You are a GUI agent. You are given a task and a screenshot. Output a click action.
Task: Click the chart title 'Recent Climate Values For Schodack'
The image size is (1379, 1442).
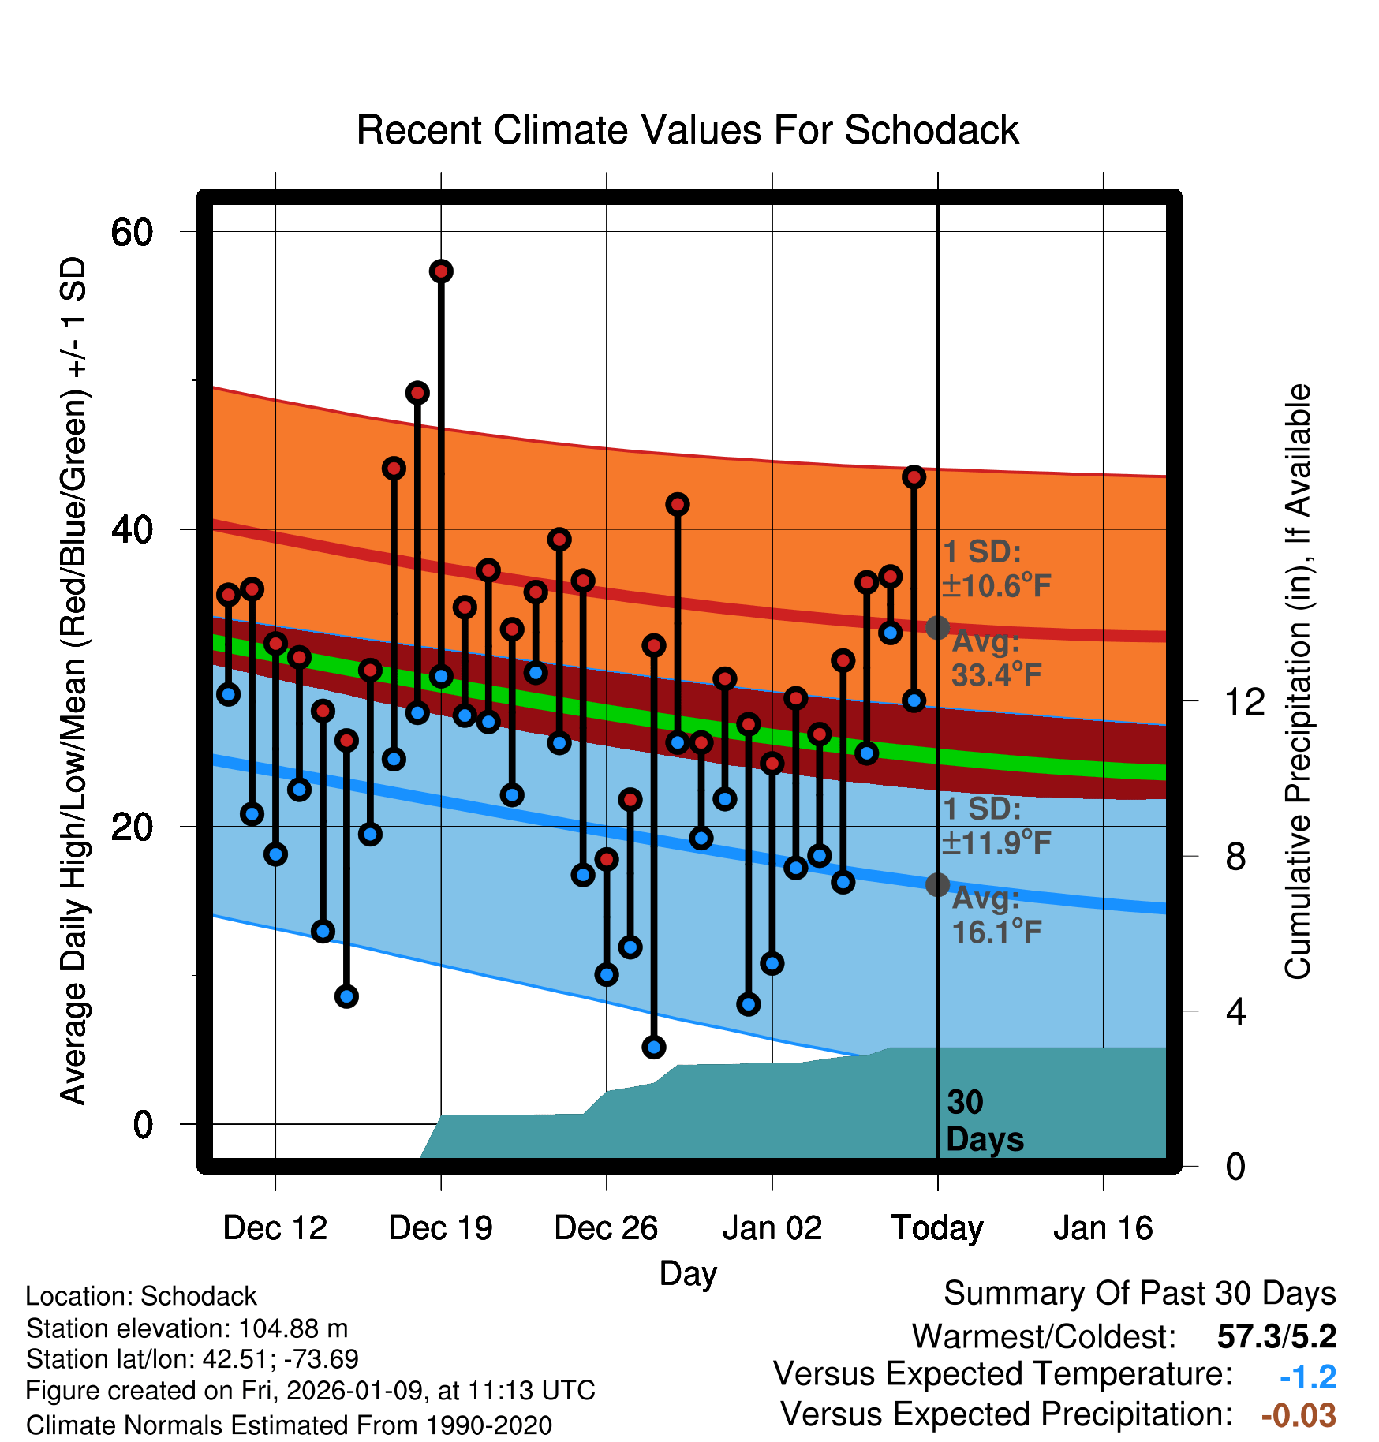coord(687,130)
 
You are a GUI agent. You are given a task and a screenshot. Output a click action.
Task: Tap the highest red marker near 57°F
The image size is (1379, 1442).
coord(441,271)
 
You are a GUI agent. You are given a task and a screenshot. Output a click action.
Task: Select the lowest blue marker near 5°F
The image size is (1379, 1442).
coord(654,1047)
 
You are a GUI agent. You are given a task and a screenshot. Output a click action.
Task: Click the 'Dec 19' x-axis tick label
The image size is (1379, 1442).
coord(440,1228)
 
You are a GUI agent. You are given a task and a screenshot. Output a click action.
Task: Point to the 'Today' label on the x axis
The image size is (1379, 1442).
coord(937,1228)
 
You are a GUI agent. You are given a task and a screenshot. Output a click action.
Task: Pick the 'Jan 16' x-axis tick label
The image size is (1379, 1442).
coord(1103,1228)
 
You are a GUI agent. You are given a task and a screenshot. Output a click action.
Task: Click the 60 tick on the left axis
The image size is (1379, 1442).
coord(132,232)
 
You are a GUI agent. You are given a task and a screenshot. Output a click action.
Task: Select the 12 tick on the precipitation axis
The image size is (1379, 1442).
coord(1244,701)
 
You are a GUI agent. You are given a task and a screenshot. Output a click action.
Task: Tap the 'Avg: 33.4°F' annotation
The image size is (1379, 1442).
coord(996,659)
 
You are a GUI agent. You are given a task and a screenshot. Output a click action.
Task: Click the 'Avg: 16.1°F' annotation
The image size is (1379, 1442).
coord(996,916)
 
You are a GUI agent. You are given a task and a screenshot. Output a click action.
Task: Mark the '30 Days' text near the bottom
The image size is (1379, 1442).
coord(984,1121)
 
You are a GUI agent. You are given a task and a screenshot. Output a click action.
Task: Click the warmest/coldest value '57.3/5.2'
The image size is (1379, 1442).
coord(1276,1336)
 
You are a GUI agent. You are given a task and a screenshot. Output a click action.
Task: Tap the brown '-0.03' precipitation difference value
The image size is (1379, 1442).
coord(1299,1415)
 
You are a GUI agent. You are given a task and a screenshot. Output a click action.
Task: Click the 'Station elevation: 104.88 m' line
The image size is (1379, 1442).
coord(187,1328)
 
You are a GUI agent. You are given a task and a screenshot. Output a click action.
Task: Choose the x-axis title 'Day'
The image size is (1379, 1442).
coord(688,1273)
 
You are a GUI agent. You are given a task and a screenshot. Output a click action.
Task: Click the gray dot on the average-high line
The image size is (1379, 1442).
coord(937,628)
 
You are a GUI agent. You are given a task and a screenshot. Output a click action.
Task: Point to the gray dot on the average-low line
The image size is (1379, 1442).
coord(937,885)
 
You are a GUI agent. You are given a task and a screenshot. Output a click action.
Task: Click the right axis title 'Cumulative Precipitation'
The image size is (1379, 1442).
coord(1297,682)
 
